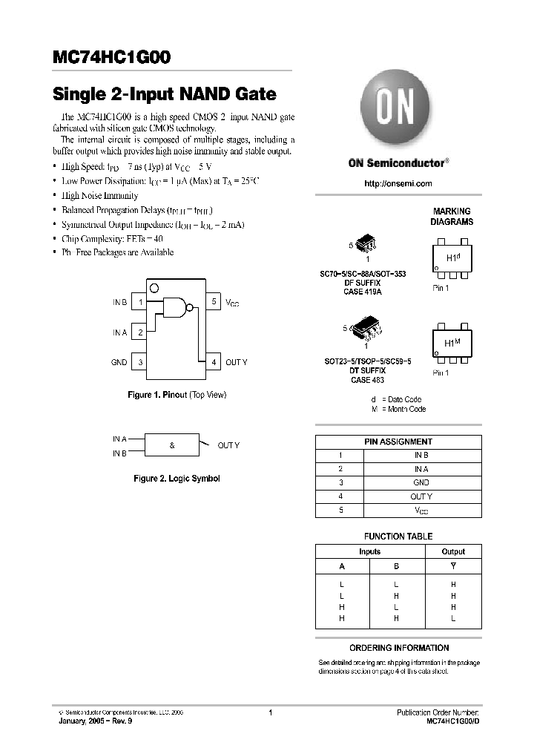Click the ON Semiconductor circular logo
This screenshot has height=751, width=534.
[x=398, y=110]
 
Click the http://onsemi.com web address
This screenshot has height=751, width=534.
[x=398, y=183]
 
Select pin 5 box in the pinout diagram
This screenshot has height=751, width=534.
[x=214, y=302]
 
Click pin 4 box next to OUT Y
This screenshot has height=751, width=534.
[x=214, y=362]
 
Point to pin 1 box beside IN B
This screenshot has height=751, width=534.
[x=139, y=303]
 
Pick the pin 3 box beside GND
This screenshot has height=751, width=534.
[x=139, y=362]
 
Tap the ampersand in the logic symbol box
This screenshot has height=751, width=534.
[x=172, y=445]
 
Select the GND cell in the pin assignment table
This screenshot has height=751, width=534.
[x=421, y=482]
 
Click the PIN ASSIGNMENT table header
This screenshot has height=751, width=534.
[x=398, y=442]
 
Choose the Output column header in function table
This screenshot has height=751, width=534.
[x=453, y=551]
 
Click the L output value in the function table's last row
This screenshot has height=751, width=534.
[x=453, y=618]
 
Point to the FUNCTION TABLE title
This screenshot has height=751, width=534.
[x=398, y=536]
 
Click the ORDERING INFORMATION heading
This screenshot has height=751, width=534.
[x=398, y=648]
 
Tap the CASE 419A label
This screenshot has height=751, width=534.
[x=363, y=292]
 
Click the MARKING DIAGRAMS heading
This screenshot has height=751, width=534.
[x=452, y=217]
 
